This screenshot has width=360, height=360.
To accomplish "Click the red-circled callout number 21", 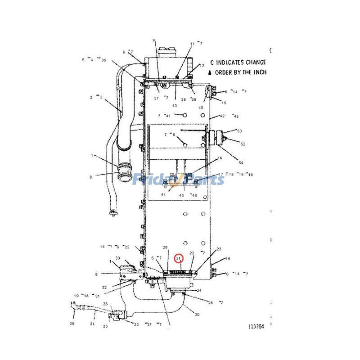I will coord(180,258).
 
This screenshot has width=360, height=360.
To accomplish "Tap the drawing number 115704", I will coord(255,327).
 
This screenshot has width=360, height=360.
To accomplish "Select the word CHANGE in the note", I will coord(255,63).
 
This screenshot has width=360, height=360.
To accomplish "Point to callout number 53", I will coord(239,131).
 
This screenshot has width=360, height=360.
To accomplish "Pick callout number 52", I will coord(243,144).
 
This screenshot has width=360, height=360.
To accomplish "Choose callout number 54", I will coord(241,162).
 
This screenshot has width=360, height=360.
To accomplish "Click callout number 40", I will coord(201,108).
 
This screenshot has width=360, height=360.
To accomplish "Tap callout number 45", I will coord(235,116).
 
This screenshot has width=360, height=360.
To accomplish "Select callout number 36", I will coord(103,60).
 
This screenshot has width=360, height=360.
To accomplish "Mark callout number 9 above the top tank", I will coord(153,40).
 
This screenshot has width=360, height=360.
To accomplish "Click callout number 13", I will coord(174,106).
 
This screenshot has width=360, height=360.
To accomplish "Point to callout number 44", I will coord(163,195).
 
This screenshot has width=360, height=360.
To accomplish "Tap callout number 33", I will coord(117,258).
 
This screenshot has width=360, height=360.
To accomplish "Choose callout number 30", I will coord(197,314).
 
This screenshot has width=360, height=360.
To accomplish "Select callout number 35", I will coord(72,324).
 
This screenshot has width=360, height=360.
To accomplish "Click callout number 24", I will coord(199,290).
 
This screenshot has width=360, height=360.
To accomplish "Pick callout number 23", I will coord(219,249).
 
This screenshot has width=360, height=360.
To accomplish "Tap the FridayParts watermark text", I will coord(179,180).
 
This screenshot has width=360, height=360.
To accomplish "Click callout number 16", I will coord(220,158).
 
